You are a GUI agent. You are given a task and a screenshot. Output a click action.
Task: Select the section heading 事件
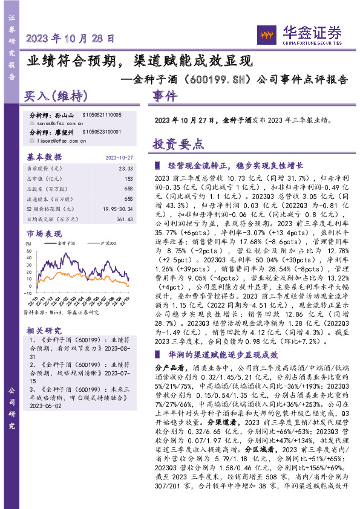165,96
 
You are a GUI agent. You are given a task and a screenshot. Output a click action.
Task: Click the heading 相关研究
44,331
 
